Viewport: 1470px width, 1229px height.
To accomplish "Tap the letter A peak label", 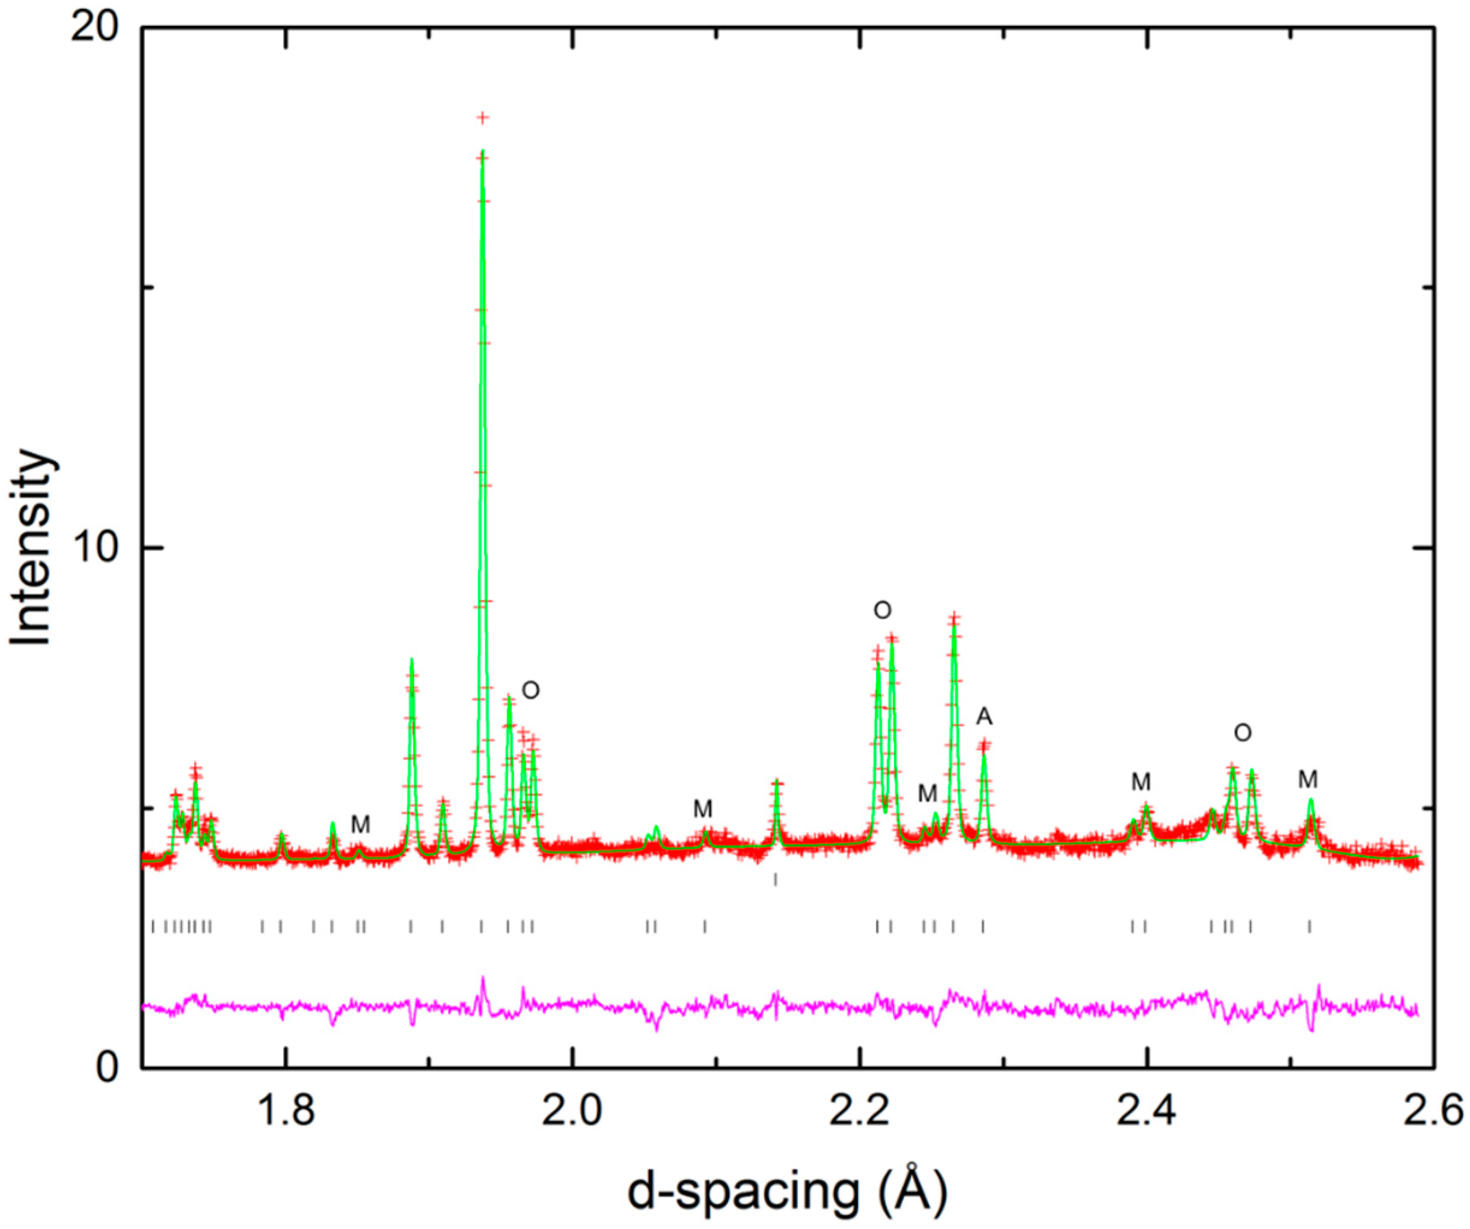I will click(x=984, y=717).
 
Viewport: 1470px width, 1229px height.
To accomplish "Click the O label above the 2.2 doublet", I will click(x=883, y=611).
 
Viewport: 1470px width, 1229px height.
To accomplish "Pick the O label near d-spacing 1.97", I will click(x=531, y=691).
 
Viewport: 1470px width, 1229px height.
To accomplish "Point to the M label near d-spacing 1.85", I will click(x=360, y=825).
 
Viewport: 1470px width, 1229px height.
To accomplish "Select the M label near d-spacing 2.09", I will click(x=703, y=809).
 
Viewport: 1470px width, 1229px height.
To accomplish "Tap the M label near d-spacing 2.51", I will click(x=1308, y=779).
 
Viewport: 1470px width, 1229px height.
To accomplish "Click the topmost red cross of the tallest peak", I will click(x=482, y=118).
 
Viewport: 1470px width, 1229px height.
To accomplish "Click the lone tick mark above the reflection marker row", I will click(x=776, y=880).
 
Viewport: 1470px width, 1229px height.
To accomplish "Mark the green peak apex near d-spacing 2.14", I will click(x=776, y=781).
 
